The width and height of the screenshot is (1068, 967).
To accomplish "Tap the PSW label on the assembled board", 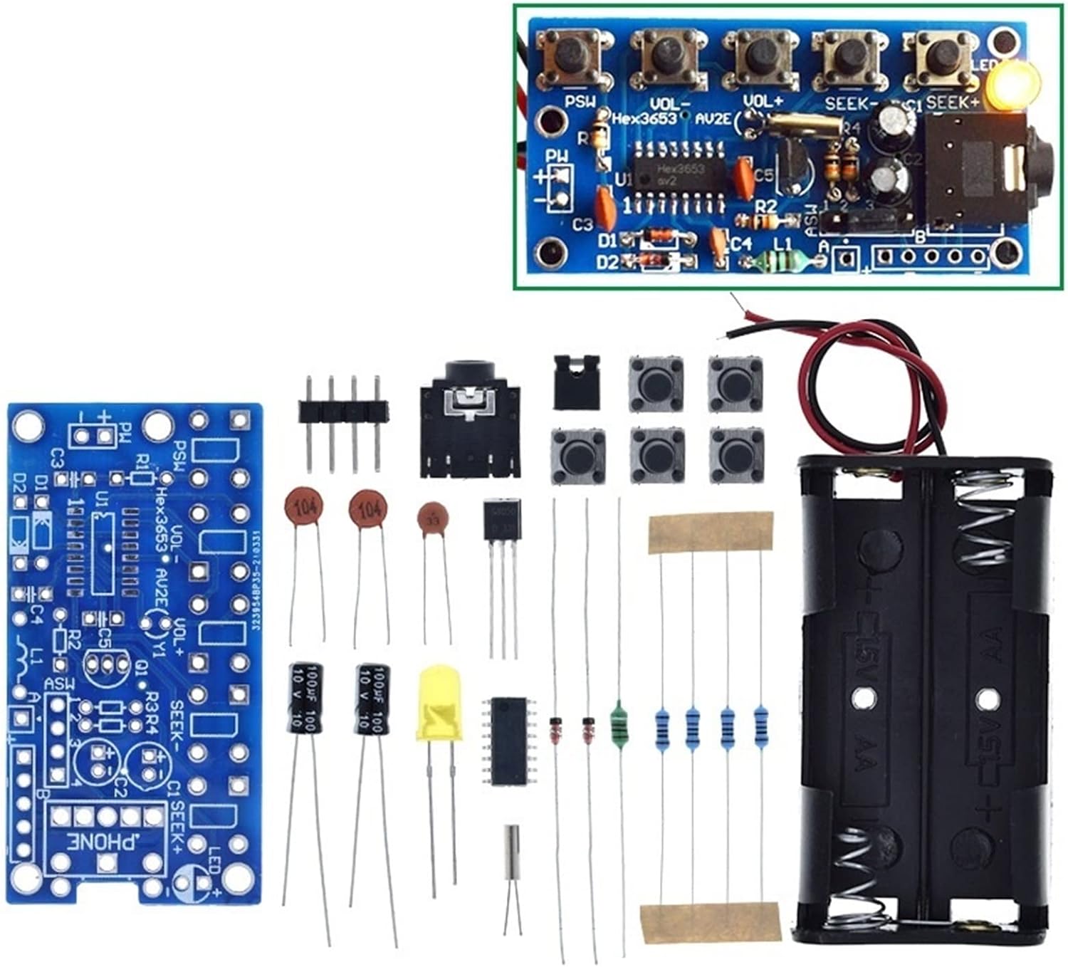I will click(x=580, y=102).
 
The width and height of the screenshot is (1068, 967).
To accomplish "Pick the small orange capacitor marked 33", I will click(x=433, y=517).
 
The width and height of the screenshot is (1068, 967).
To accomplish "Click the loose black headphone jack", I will click(x=466, y=420).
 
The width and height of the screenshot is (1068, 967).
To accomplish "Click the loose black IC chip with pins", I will click(x=508, y=741).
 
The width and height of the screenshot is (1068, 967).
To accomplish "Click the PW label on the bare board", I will click(x=126, y=430).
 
